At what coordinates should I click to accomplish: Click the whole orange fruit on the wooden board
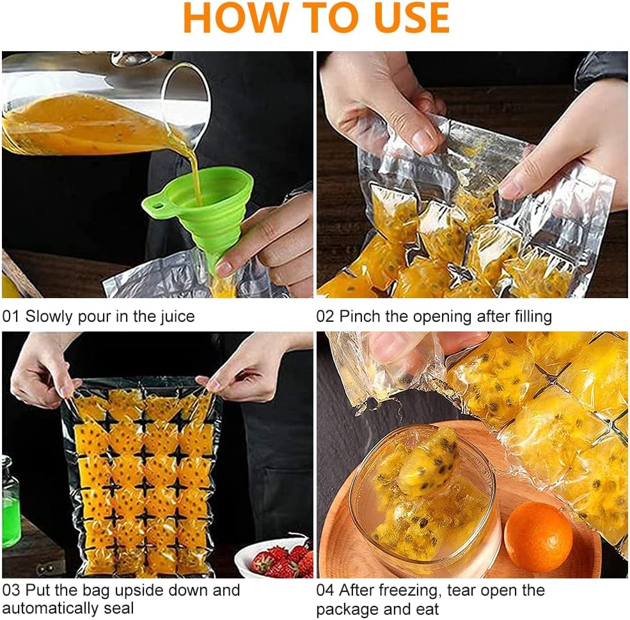click(x=538, y=537)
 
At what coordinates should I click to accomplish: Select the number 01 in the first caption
click(x=10, y=317)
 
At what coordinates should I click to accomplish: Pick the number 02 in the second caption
click(x=325, y=317)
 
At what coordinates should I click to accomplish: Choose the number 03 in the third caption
click(x=11, y=591)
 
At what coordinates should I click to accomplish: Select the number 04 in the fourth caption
click(x=325, y=591)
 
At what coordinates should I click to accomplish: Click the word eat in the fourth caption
click(x=427, y=609)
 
